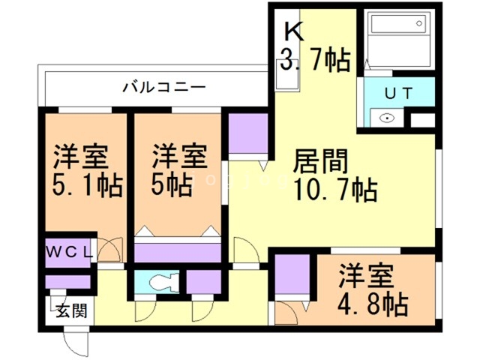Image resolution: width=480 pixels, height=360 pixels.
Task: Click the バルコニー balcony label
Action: tap(164, 88)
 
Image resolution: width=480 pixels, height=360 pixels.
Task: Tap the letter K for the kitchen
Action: tap(292, 31)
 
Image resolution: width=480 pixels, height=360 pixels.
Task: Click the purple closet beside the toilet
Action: tap(202, 283)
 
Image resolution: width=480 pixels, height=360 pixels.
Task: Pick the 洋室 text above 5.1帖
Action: tap(81, 157)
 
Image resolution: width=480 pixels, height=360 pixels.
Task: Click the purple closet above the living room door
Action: tap(248, 134)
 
